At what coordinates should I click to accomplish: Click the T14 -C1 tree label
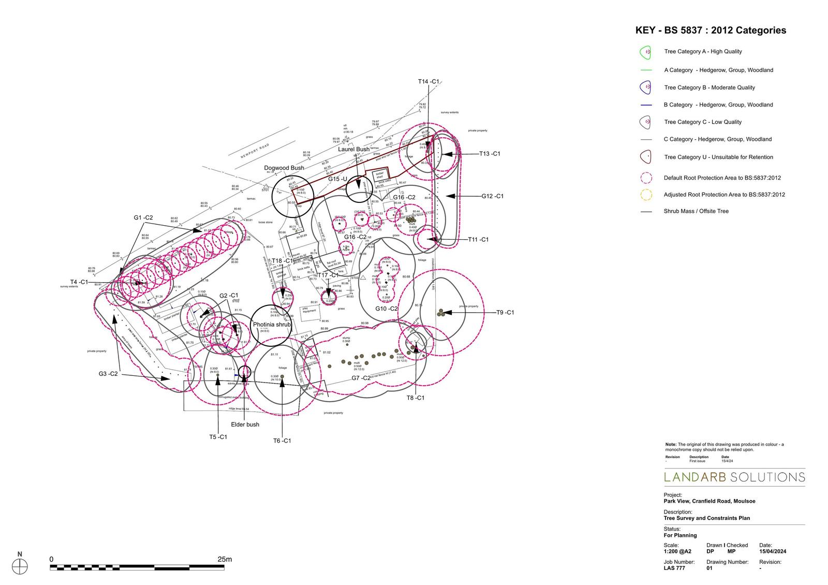coord(428,82)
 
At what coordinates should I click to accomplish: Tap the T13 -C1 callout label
coord(489,154)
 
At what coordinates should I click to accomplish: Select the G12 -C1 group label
coord(492,196)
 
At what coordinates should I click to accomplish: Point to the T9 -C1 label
coord(505,313)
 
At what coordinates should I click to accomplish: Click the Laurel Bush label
coord(354,149)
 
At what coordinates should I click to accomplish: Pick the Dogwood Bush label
coord(284,168)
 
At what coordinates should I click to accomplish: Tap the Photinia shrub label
coord(272,325)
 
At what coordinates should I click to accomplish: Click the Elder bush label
coord(245,425)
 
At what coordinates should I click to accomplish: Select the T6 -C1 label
coord(282,441)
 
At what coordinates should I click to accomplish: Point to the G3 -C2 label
coord(109,374)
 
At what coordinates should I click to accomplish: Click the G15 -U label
coord(337,179)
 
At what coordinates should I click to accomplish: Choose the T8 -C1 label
coord(415,398)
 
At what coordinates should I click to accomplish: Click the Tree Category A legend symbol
coord(645,52)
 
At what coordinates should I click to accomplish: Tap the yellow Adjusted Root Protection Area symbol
coord(645,195)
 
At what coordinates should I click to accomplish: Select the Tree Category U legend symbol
coord(645,157)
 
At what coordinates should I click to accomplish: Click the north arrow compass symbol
coord(20,567)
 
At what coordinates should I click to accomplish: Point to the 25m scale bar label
coord(225,559)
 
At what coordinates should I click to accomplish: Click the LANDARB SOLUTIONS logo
coord(734,477)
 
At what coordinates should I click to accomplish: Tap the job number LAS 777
coord(674,568)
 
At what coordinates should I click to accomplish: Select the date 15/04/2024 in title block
coord(773,551)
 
